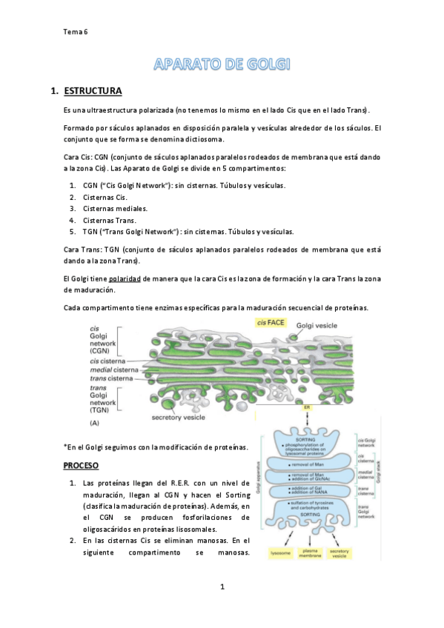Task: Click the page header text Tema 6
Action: [x=75, y=32]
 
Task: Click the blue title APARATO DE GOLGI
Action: [x=222, y=65]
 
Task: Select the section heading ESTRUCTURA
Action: [x=93, y=91]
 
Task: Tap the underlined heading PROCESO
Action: [x=81, y=465]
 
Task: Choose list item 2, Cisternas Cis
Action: [x=105, y=197]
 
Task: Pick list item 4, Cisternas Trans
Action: [x=110, y=220]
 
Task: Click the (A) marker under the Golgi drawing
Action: [x=94, y=422]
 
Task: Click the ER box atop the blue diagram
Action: [x=306, y=407]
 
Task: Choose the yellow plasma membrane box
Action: [x=309, y=552]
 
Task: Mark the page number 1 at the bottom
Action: [x=222, y=587]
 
